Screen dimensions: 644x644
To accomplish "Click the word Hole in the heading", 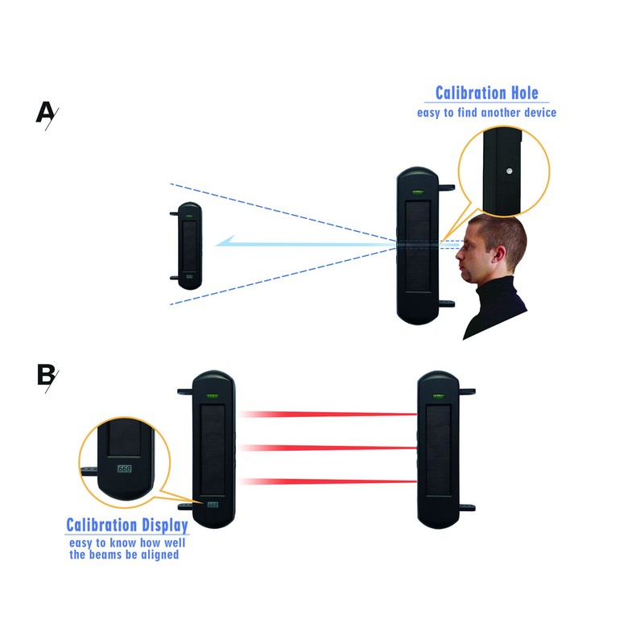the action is pos(525,93).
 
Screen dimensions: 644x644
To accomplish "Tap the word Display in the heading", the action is pos(163,526).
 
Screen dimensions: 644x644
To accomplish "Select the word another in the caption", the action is pos(499,113).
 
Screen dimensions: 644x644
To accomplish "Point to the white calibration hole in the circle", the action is pos(510,171).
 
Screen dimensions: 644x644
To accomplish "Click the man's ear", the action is pos(500,254).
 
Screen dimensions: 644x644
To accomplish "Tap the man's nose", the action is pos(460,254).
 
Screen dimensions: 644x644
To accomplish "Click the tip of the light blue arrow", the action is pos(216,245).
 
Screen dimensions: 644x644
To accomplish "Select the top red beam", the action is pos(328,414).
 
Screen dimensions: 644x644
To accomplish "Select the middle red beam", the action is pos(328,448).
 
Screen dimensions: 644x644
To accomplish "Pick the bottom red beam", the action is pos(328,481).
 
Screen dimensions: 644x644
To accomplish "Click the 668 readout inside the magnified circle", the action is pos(125,469).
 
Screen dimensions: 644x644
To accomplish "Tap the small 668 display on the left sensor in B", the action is pos(213,505).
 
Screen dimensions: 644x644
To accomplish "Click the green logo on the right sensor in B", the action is pos(439,397).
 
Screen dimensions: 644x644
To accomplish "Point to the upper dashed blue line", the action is pos(283,213).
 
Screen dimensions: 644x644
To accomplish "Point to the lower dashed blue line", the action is pos(283,276).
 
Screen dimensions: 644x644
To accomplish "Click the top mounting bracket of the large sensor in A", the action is pos(447,188).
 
